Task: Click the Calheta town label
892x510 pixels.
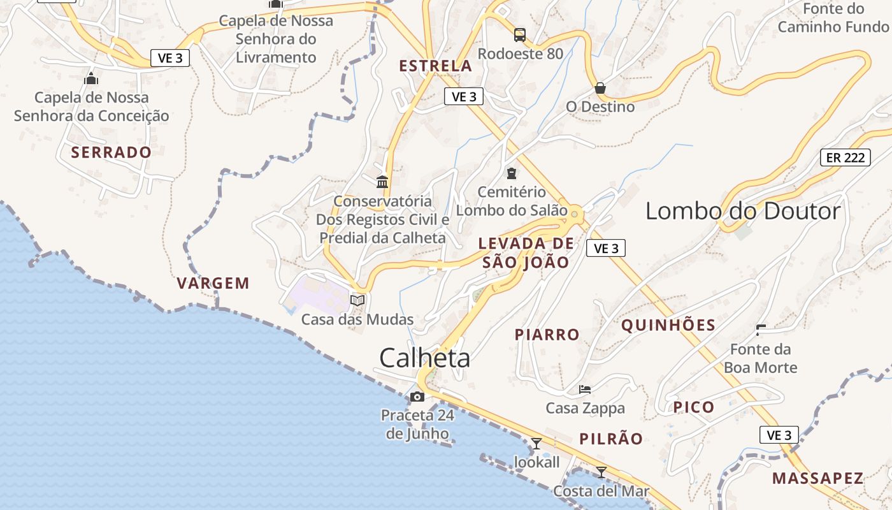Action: (425, 358)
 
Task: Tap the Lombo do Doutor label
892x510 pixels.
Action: (743, 211)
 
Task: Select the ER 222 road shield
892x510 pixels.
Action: (845, 157)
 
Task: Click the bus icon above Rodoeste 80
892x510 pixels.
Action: (520, 34)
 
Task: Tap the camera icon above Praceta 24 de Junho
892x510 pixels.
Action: (417, 397)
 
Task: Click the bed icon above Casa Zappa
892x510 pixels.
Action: (585, 389)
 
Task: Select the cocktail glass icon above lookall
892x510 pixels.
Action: (536, 443)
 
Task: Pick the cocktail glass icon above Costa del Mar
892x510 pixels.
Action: (601, 472)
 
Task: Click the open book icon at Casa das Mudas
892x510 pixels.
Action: (357, 300)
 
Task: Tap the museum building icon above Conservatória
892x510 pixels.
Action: (382, 182)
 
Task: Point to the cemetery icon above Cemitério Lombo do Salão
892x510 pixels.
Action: (511, 173)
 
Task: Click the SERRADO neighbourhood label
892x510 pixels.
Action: (111, 152)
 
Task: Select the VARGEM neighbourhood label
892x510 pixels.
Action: (213, 284)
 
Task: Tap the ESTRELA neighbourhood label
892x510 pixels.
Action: (435, 66)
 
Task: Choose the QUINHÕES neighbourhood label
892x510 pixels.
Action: (668, 326)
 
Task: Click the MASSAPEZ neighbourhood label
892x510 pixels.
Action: (817, 478)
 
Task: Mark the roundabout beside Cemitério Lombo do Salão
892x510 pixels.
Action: (575, 215)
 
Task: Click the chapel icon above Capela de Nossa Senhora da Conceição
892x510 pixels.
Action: (91, 79)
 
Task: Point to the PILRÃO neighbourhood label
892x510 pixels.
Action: (611, 439)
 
